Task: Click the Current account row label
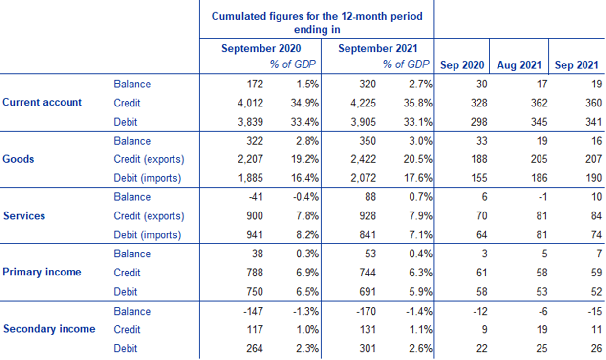tap(42, 103)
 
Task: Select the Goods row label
tap(18, 159)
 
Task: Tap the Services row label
tap(24, 216)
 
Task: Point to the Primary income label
tap(42, 272)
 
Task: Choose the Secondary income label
tap(49, 329)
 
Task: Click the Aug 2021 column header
tap(519, 65)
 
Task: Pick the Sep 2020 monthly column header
tap(462, 65)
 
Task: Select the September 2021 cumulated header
tap(377, 49)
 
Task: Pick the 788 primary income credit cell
tap(254, 273)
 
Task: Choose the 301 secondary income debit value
tap(368, 348)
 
